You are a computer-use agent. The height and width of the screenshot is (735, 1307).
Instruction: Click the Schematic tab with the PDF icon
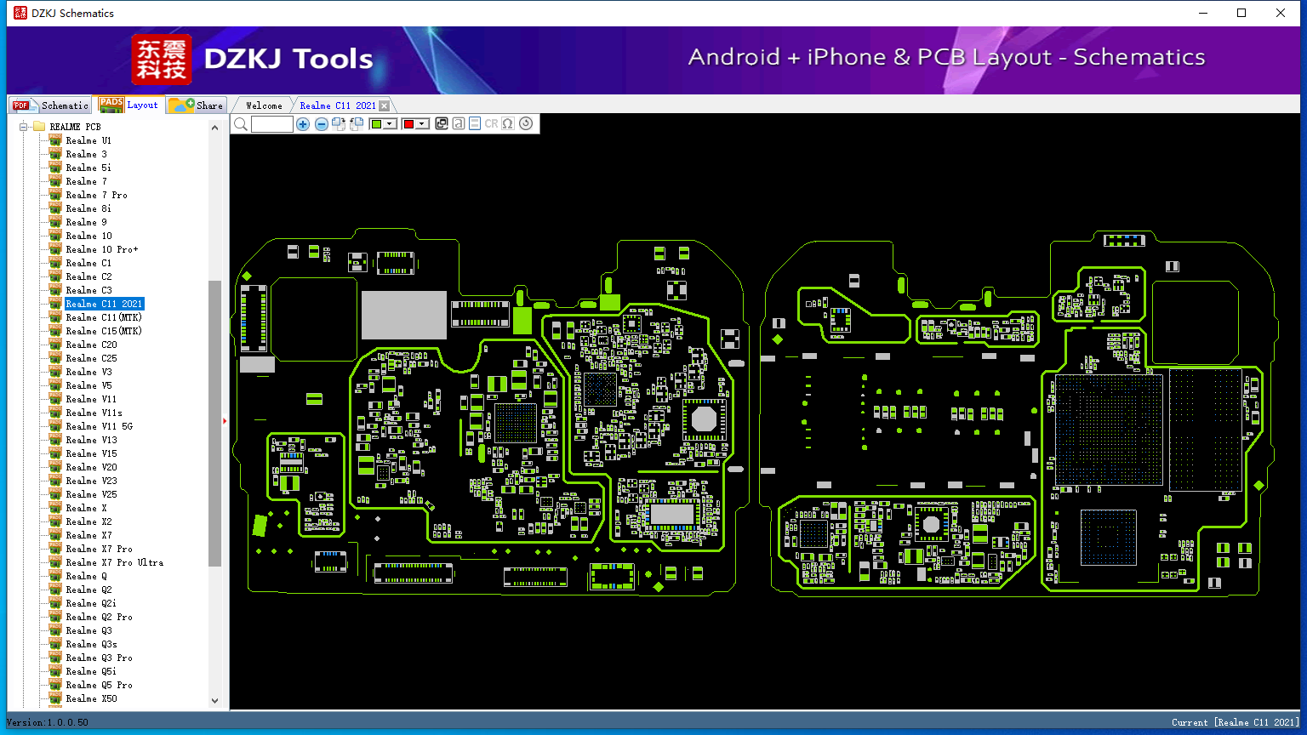(51, 105)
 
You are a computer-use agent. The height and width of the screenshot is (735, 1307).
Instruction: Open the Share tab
(196, 105)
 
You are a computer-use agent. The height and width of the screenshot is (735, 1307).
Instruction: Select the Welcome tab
(264, 105)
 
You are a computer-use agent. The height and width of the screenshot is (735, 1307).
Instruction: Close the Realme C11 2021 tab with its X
(384, 105)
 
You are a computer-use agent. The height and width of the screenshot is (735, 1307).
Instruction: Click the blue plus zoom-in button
(303, 123)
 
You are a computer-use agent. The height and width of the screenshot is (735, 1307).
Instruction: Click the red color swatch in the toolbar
(408, 123)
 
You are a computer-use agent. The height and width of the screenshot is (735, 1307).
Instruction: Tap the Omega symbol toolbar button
(508, 123)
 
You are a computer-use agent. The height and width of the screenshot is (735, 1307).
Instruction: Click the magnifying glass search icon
(241, 123)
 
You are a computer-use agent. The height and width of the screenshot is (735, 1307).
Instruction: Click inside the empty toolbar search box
(272, 123)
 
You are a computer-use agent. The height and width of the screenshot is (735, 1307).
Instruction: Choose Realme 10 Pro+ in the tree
(102, 249)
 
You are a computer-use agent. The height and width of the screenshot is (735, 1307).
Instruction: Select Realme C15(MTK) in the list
(104, 331)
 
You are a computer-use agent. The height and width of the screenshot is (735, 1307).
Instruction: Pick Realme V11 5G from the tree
(100, 426)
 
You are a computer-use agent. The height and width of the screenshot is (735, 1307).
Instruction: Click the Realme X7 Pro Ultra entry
(114, 562)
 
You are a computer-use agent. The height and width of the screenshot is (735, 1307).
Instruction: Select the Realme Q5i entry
(91, 671)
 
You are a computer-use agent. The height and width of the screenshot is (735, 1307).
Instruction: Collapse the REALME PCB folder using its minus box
(23, 127)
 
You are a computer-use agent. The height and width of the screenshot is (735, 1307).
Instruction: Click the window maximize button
(1241, 13)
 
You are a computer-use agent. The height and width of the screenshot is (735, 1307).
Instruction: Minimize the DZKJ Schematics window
(1203, 13)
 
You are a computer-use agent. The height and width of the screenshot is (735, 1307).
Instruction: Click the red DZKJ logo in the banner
(162, 60)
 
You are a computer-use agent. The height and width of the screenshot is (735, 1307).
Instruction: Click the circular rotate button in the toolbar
(526, 123)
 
